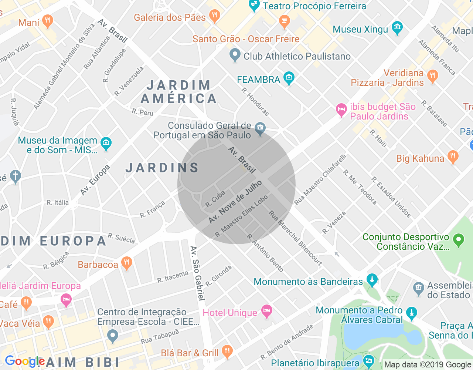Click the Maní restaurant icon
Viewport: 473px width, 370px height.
(x=47, y=21)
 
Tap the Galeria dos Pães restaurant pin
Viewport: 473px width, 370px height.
(x=214, y=16)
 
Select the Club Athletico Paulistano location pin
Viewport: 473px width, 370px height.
(x=235, y=55)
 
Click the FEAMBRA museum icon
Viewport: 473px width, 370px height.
(x=289, y=78)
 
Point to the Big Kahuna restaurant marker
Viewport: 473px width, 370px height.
(x=453, y=157)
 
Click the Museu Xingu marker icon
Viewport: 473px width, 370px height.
(x=397, y=28)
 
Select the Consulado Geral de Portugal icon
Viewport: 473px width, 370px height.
(x=260, y=129)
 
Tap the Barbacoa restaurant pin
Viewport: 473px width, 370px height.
(x=126, y=263)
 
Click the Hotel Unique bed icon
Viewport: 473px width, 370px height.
(x=266, y=311)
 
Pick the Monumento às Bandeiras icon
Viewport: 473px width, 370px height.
(x=372, y=280)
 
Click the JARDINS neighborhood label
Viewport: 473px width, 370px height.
(x=163, y=168)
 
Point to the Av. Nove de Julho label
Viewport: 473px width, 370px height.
(x=235, y=202)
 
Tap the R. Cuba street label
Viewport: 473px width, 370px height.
(x=215, y=199)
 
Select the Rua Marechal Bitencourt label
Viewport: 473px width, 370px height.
(x=295, y=238)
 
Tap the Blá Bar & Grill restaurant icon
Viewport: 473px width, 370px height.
(x=227, y=351)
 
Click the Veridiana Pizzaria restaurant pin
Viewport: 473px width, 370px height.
(x=432, y=76)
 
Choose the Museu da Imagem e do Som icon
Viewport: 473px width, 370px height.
(x=106, y=144)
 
